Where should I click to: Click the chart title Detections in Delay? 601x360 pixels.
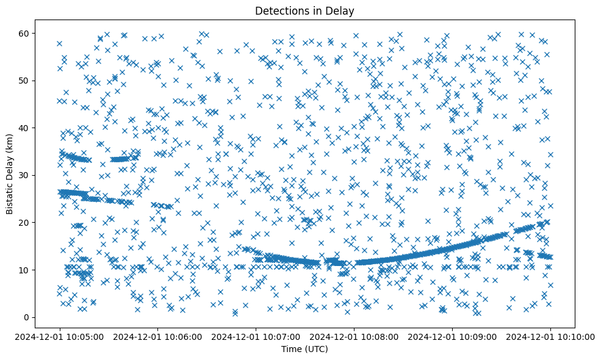pos(304,10)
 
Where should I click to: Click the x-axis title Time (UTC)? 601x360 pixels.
pos(304,350)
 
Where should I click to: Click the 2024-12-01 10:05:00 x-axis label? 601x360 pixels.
pos(60,336)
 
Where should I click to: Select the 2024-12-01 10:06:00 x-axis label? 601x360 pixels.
pos(158,336)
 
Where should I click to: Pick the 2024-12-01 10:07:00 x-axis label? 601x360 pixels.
pos(256,336)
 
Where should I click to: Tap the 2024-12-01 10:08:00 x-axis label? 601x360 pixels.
pos(354,336)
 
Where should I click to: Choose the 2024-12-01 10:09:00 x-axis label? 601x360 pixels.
pos(452,336)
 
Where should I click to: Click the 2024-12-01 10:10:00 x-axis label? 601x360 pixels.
pos(550,336)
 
